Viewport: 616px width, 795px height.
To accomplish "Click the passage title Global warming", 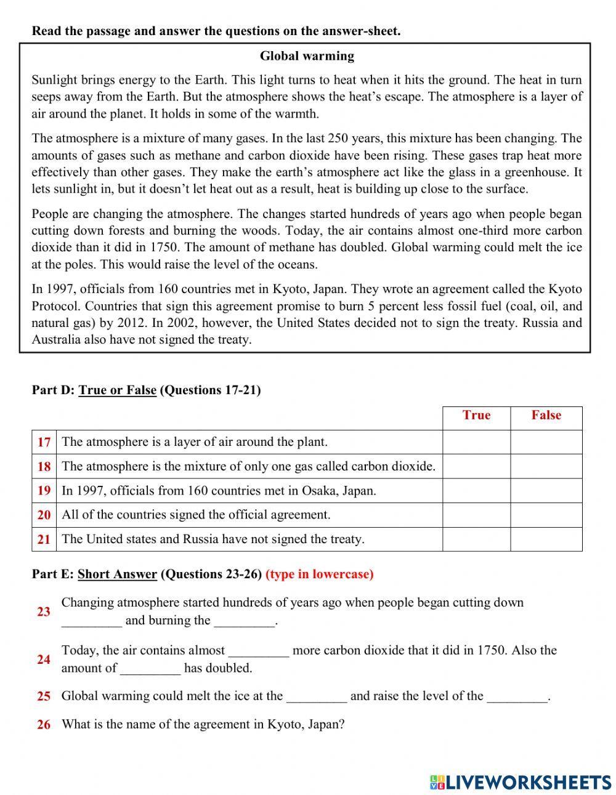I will [x=307, y=56].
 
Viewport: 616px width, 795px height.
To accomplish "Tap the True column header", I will [x=476, y=416].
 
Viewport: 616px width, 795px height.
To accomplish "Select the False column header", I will [x=546, y=416].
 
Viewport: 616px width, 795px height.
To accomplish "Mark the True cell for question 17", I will [x=476, y=442].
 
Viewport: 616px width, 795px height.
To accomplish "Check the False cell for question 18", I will [x=546, y=466].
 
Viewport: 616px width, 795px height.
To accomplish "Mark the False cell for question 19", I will [x=546, y=491].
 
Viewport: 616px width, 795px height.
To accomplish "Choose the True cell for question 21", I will [x=476, y=539].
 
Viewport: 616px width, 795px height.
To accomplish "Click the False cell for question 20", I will [x=546, y=515].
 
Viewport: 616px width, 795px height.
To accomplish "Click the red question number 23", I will [x=44, y=611].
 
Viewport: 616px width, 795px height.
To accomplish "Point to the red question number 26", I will [x=44, y=725].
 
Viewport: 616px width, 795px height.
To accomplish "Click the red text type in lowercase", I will [x=320, y=575].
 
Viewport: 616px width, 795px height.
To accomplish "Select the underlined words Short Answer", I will [x=117, y=575].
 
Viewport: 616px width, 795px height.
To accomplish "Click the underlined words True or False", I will [x=117, y=390].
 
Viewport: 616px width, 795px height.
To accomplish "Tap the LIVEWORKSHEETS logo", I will [x=521, y=781].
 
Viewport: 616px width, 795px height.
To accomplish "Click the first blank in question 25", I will [x=317, y=697].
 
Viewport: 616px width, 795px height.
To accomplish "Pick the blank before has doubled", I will [x=150, y=669].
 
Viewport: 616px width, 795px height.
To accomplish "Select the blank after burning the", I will [x=244, y=621].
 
